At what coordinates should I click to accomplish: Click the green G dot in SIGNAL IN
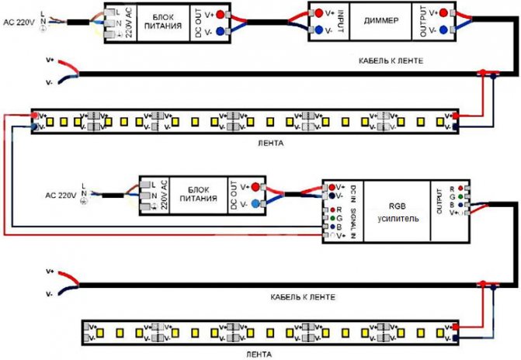click(332, 218)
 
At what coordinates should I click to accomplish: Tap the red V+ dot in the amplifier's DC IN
click(332, 187)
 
